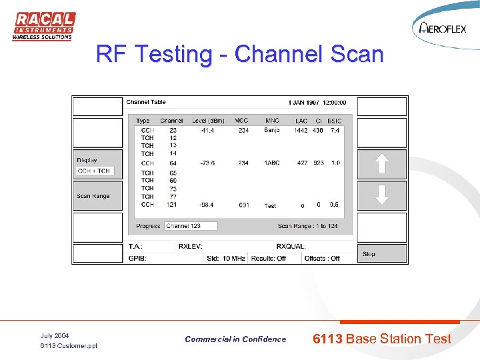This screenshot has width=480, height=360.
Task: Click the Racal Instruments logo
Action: pos(43,26)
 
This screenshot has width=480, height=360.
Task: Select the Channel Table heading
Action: pos(146,102)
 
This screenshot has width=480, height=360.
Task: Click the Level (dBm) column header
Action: pos(209,121)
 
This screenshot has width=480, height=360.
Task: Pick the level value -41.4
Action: pos(207,131)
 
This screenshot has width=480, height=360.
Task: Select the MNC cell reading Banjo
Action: pos(272,131)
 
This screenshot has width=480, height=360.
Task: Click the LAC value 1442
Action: pos(301,131)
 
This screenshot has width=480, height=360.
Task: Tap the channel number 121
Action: pos(173,205)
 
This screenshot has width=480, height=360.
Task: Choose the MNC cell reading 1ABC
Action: pos(272,163)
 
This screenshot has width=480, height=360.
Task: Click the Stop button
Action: pos(382,253)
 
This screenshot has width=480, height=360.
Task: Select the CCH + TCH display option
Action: pos(94,171)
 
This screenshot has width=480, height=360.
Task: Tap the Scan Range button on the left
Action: pos(97,196)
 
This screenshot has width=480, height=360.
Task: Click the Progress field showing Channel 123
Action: pos(191,226)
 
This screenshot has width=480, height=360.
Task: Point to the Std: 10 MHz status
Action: pos(225,258)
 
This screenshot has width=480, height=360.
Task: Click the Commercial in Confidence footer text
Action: pos(235,339)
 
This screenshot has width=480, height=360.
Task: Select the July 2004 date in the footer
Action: pos(55,335)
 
